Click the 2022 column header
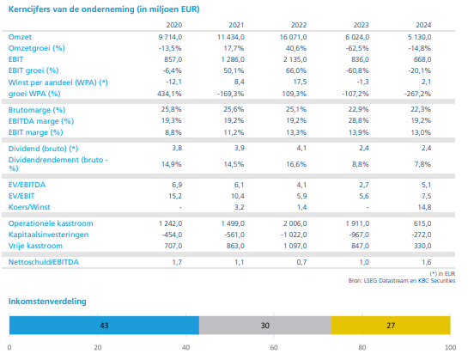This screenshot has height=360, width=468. [x=299, y=25]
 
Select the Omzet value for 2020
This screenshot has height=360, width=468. [x=170, y=37]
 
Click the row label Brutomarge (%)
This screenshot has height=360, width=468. [x=37, y=110]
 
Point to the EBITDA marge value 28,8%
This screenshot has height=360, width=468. [x=358, y=121]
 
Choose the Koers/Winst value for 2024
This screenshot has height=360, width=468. [x=425, y=207]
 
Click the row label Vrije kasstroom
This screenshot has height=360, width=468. [x=35, y=246]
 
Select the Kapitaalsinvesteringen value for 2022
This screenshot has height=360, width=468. [x=294, y=235]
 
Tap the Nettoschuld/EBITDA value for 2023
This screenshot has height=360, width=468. [x=364, y=262]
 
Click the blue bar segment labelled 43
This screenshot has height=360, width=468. [x=104, y=325]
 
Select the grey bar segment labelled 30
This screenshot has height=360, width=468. [x=265, y=325]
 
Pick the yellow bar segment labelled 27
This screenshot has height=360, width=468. [x=391, y=325]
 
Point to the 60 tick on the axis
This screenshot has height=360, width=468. [x=274, y=348]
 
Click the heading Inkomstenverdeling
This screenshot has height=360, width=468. [x=47, y=301]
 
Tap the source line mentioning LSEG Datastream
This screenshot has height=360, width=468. [x=402, y=281]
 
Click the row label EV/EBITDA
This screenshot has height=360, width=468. [x=27, y=185]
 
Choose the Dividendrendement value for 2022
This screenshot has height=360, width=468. [x=296, y=164]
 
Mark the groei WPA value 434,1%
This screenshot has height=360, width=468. [x=169, y=94]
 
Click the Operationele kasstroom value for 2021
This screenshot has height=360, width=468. [x=233, y=223]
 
